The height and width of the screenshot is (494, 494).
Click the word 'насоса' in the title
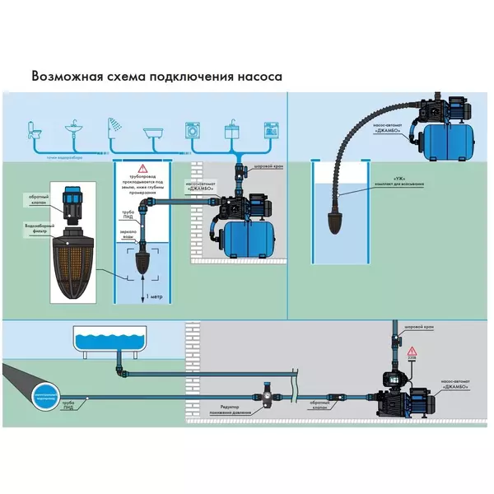coord(257,77)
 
